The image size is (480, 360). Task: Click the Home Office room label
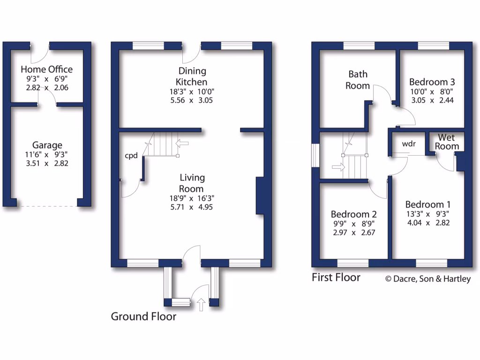tap(46, 69)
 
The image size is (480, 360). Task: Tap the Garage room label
tap(47, 145)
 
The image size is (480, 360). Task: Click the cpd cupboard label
tap(131, 156)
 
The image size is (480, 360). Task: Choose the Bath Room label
tap(358, 80)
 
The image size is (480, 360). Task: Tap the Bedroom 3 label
tap(429, 81)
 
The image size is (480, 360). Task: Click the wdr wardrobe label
tap(409, 144)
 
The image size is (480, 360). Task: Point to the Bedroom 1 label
tap(427, 204)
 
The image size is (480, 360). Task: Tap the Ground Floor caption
tap(143, 316)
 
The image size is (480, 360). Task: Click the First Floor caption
tap(336, 277)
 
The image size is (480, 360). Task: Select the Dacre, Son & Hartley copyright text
tap(427, 279)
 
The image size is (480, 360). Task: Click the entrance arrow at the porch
tap(202, 305)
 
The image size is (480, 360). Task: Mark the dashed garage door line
tap(47, 206)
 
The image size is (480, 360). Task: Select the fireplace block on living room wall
tap(260, 196)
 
